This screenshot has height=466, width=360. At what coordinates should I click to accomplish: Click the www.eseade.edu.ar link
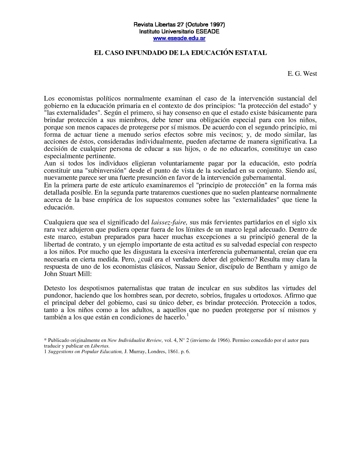point(179,38)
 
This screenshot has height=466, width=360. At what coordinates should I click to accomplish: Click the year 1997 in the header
point(217,25)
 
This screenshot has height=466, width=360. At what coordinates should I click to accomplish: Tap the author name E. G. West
point(302,73)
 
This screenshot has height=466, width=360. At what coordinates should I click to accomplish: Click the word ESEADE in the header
point(207,32)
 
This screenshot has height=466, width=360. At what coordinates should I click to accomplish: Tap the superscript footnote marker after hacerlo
point(187,315)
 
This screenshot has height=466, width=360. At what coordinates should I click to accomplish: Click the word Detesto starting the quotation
point(55,288)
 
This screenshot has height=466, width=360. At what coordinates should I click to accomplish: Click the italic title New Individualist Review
point(135,340)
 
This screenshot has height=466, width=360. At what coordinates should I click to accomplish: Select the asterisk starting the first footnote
point(45,340)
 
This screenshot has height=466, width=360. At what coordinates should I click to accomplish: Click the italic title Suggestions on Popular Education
point(85,352)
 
